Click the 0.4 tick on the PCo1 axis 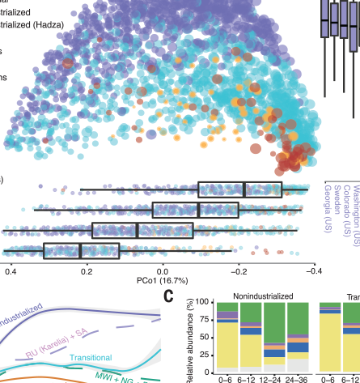click(x=11, y=273)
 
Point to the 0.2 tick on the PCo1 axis click(x=87, y=273)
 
